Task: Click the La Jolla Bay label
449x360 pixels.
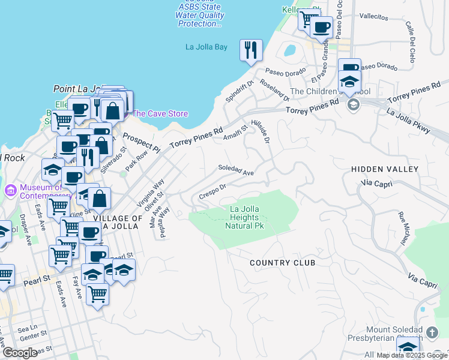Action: [x=206, y=47]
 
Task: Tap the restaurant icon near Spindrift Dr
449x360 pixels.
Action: [x=251, y=50]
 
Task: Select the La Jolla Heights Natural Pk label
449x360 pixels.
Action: [x=244, y=217]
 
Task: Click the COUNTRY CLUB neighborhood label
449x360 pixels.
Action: [x=282, y=263]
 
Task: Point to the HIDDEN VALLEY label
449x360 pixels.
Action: [x=384, y=170]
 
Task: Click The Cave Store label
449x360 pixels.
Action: [x=160, y=113]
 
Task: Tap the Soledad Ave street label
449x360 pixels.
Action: [x=237, y=170]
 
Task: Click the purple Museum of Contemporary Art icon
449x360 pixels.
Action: [x=10, y=191]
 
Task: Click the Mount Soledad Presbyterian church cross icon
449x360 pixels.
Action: [x=432, y=332]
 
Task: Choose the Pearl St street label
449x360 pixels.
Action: [x=35, y=281]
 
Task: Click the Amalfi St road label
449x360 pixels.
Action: [x=236, y=134]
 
